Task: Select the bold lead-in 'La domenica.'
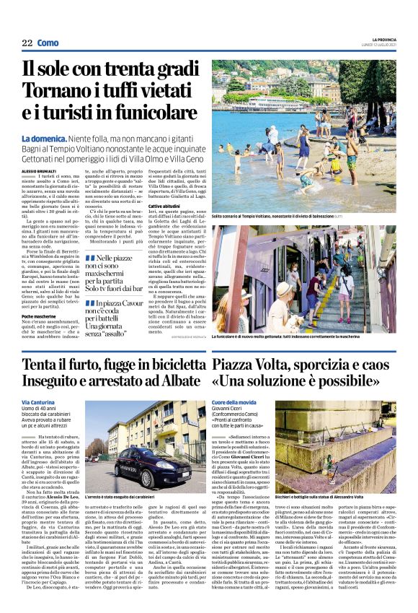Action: [x=45, y=138]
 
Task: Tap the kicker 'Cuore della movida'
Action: [x=234, y=401]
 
